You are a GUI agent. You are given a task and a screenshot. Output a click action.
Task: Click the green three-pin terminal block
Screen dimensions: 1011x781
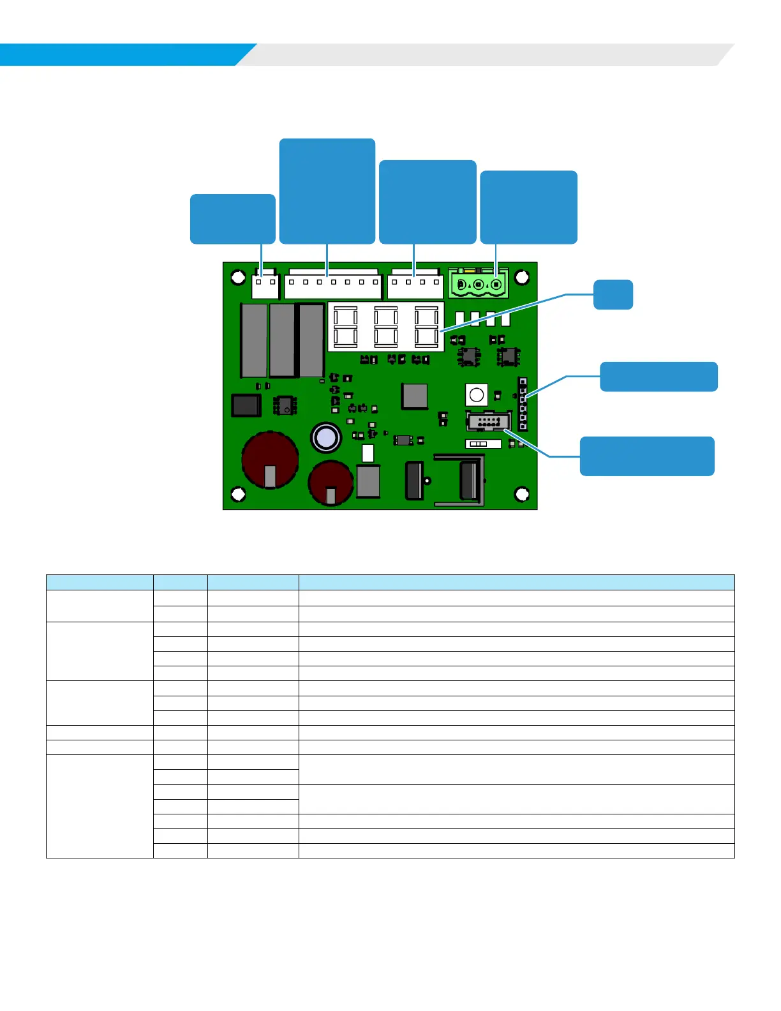tap(479, 283)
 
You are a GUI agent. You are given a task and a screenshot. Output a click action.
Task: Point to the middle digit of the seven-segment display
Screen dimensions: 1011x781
tap(385, 326)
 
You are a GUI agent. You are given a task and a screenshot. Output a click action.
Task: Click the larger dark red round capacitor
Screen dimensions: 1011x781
tap(270, 459)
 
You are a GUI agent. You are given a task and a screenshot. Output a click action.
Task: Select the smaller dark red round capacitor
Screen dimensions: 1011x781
tap(331, 482)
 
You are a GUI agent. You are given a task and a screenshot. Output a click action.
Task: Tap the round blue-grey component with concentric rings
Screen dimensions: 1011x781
tap(326, 438)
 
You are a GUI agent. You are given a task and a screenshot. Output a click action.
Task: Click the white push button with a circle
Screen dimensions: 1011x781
tap(477, 395)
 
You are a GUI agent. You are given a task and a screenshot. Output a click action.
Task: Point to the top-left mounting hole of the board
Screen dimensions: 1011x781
tap(238, 278)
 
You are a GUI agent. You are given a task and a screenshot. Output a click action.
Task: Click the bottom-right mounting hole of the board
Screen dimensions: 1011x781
tap(522, 494)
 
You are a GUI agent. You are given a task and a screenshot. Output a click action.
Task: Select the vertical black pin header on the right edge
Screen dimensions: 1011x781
tap(523, 404)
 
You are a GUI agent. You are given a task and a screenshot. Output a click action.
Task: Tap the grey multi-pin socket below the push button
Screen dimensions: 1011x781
tap(489, 421)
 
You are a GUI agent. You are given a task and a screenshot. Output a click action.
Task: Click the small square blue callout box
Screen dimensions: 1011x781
tap(613, 295)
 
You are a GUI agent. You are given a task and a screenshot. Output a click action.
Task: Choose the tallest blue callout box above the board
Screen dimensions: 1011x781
tap(327, 191)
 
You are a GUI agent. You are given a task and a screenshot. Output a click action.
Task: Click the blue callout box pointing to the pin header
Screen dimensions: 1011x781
tap(658, 377)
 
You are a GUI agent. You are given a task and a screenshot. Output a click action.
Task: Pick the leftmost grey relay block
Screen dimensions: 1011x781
tap(253, 340)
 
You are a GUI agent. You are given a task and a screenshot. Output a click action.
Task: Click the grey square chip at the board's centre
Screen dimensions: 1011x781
tap(415, 396)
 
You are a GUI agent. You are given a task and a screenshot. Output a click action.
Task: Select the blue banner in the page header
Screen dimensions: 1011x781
tap(121, 54)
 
